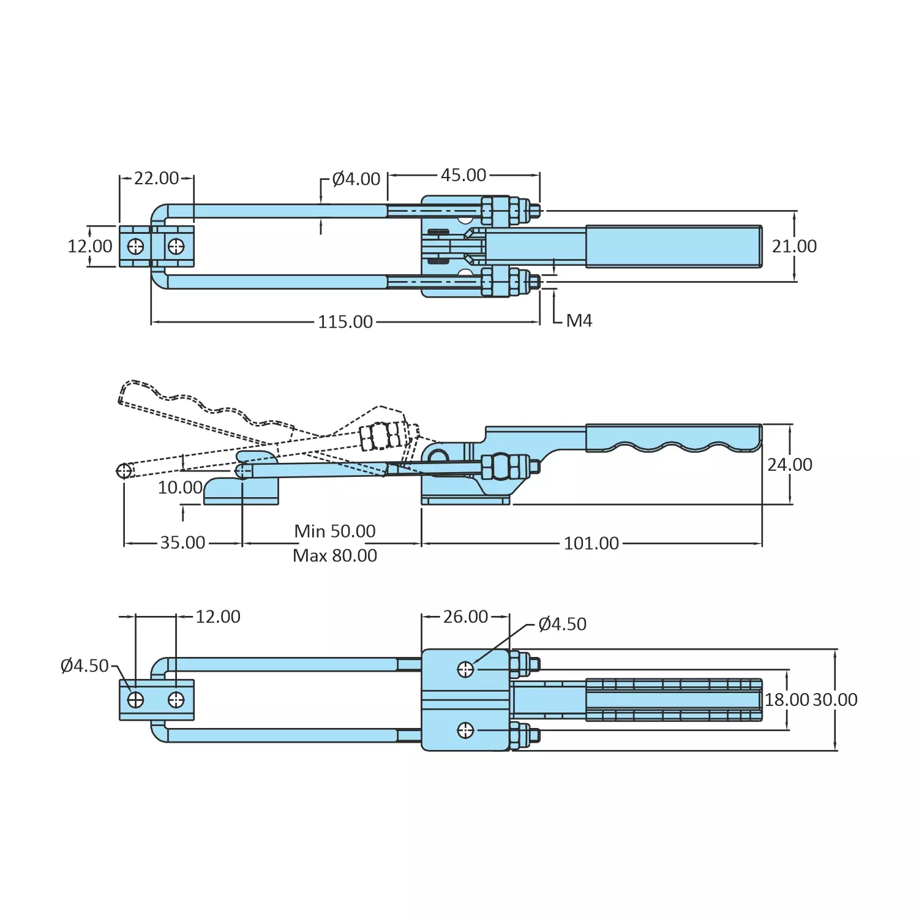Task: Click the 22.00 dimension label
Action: (156, 178)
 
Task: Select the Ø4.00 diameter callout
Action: (356, 179)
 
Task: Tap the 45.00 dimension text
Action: (463, 175)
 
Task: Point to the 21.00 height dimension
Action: (794, 246)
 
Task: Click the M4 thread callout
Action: (579, 321)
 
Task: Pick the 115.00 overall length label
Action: (345, 322)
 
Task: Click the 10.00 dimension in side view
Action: (180, 488)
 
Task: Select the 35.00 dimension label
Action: (182, 543)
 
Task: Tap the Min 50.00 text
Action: (335, 531)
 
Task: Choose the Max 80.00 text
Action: (335, 556)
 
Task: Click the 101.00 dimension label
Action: (591, 544)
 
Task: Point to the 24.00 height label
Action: (790, 465)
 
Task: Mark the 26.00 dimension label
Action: (465, 617)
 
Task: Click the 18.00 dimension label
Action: (787, 700)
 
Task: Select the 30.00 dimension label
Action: (835, 700)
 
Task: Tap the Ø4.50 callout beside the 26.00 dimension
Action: (562, 625)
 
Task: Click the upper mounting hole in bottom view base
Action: (465, 669)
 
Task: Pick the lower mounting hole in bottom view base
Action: (465, 730)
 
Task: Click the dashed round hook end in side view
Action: (124, 471)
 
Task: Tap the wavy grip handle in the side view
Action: (673, 438)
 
